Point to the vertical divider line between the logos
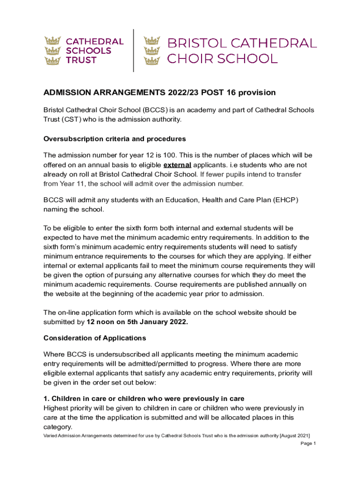[x=134, y=51]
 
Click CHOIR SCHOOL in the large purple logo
[x=222, y=59]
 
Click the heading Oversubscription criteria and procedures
[x=115, y=139]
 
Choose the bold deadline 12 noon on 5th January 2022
[x=137, y=322]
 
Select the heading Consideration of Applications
[x=94, y=338]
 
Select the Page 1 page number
[x=309, y=443]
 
